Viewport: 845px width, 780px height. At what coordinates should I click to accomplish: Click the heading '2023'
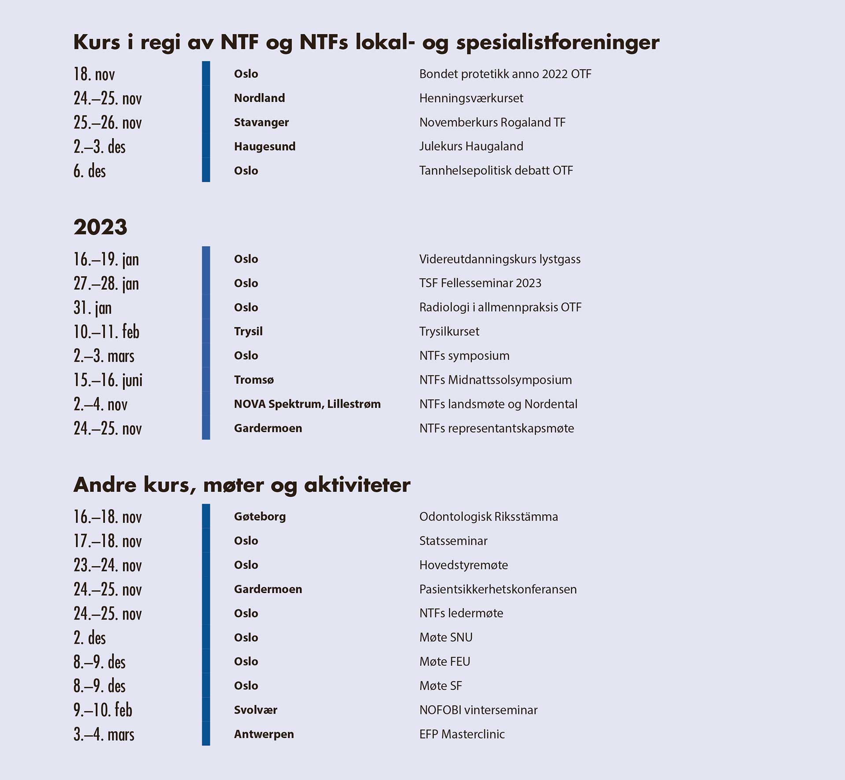(x=100, y=227)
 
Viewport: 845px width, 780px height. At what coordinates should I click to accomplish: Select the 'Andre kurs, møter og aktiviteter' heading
(x=242, y=485)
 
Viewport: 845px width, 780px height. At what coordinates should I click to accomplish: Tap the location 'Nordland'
(x=259, y=98)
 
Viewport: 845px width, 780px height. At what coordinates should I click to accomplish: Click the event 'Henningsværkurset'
(x=471, y=98)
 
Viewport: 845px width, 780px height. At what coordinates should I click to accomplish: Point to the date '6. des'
(x=90, y=171)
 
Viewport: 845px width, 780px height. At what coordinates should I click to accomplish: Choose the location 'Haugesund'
(x=265, y=146)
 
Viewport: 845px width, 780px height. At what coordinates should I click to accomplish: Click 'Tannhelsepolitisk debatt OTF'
(x=496, y=170)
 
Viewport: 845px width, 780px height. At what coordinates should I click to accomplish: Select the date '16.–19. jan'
(x=106, y=259)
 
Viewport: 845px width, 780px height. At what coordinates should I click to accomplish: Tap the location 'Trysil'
(x=248, y=331)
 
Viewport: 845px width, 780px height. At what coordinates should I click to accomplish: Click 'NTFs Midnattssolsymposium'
(x=496, y=380)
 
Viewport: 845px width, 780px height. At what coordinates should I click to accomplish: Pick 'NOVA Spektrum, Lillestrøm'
(x=307, y=404)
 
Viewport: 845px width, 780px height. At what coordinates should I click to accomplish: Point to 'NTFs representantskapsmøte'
(x=496, y=428)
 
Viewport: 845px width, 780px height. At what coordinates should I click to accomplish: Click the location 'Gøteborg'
(x=260, y=516)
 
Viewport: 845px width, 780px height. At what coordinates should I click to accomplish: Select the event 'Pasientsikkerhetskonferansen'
(x=498, y=589)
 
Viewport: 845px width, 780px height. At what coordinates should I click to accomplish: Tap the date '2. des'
(x=90, y=638)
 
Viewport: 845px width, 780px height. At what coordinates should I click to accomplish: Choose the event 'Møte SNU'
(x=446, y=637)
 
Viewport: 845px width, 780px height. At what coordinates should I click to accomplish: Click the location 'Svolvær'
(x=256, y=710)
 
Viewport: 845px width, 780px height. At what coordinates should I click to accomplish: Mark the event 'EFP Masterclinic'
(x=462, y=734)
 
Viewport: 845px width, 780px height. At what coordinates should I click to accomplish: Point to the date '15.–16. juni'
(x=108, y=380)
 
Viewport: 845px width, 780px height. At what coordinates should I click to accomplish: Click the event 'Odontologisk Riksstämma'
(x=489, y=516)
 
